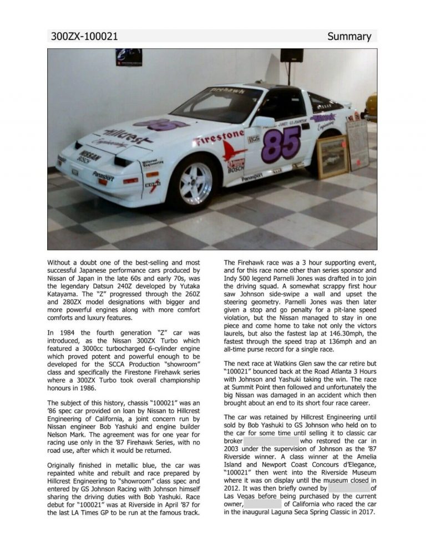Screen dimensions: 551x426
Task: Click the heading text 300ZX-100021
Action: tap(84, 37)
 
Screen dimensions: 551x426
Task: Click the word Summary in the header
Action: tap(349, 37)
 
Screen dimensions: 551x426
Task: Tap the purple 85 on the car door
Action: tap(281, 145)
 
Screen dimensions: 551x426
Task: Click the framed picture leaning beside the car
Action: tap(333, 156)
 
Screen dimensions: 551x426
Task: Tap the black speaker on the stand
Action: tap(291, 55)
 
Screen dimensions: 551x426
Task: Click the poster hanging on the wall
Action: tap(129, 57)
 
